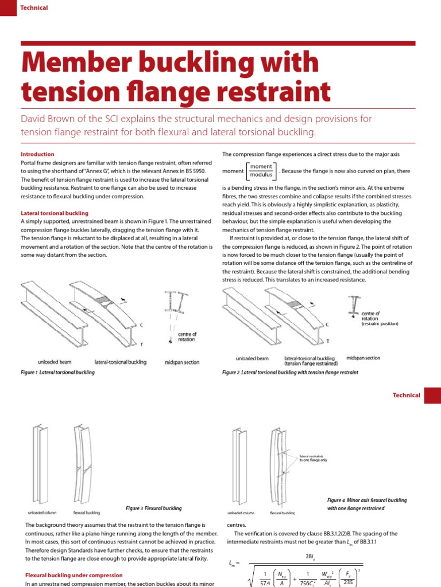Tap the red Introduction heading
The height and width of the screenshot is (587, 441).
[37, 154]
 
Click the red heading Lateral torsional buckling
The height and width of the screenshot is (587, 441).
[54, 213]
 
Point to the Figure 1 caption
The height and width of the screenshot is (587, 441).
[57, 372]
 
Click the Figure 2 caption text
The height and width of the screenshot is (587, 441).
[290, 372]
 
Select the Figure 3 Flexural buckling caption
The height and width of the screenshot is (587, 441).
[153, 508]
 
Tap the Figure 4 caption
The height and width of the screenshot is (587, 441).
[367, 504]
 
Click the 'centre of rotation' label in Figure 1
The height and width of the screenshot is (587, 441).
[187, 336]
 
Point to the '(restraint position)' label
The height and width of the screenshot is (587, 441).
[380, 324]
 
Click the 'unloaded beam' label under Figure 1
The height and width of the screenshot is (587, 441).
[56, 362]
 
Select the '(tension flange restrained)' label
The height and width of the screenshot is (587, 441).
[311, 363]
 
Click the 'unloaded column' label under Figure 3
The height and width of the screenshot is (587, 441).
[42, 512]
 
